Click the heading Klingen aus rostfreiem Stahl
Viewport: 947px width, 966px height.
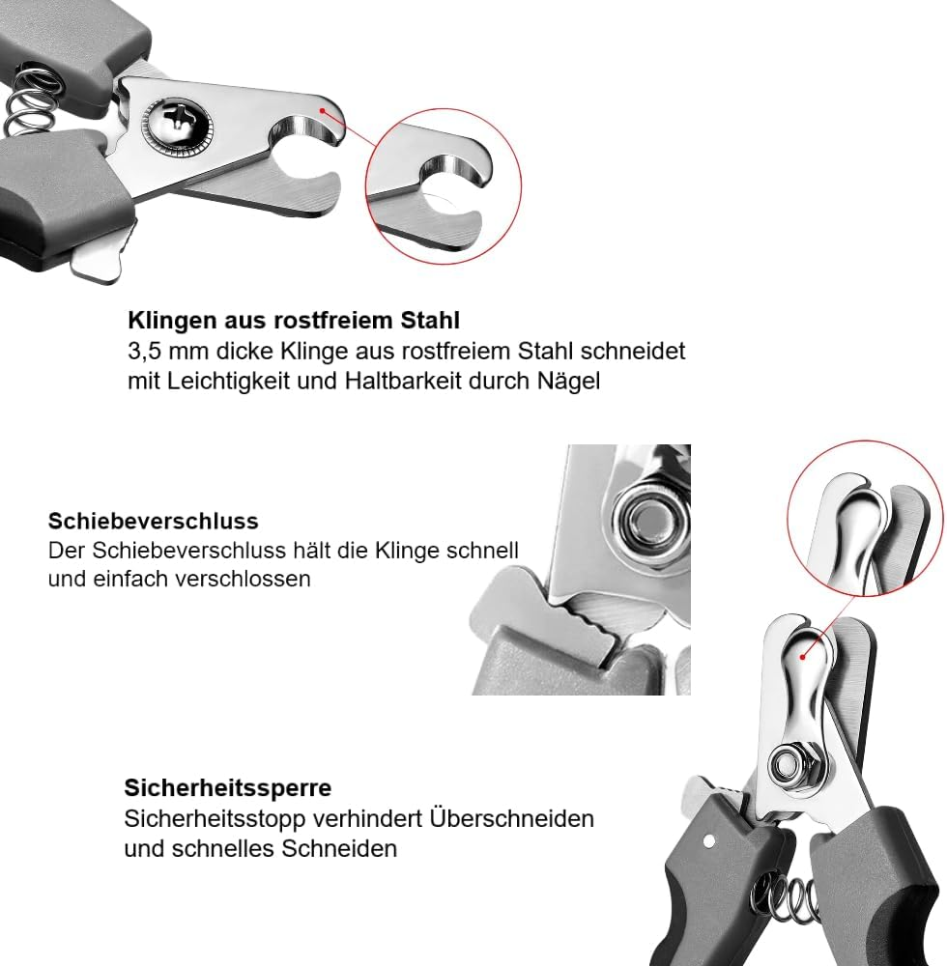(294, 321)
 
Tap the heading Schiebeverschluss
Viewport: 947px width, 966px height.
(154, 522)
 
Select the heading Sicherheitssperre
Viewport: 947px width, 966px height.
(228, 788)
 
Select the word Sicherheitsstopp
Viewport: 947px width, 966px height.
(215, 819)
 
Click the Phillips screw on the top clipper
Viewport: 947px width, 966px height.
(178, 124)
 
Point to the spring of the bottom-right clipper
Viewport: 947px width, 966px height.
(787, 897)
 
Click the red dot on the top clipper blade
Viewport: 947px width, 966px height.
(322, 110)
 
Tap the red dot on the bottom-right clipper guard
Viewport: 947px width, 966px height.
(802, 657)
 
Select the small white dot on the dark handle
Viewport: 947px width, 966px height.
(709, 841)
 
